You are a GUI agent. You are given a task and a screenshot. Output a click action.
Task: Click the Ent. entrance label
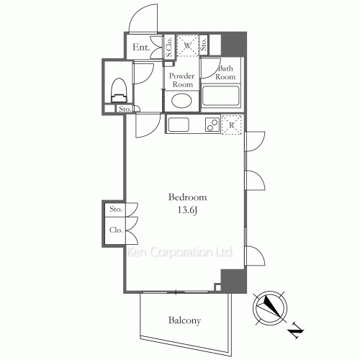[140, 49]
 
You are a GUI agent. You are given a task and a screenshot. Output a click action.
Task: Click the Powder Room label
[182, 79]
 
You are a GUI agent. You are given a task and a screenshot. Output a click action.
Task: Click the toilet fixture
[120, 89]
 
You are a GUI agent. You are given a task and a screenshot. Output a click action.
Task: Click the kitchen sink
[179, 125]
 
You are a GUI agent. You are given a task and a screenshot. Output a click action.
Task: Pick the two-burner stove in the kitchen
[211, 125]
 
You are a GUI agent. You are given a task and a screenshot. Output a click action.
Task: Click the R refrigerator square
[233, 125]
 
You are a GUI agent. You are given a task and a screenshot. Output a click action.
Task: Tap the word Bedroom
[188, 197]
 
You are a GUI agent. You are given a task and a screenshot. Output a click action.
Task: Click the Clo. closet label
[115, 231]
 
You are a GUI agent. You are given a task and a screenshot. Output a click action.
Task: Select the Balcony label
[185, 321]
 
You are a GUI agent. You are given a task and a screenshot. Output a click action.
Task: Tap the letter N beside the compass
[295, 332]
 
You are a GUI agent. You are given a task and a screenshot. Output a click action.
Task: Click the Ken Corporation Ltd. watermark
[180, 253]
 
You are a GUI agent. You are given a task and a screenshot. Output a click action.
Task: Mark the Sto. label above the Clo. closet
[115, 210]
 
